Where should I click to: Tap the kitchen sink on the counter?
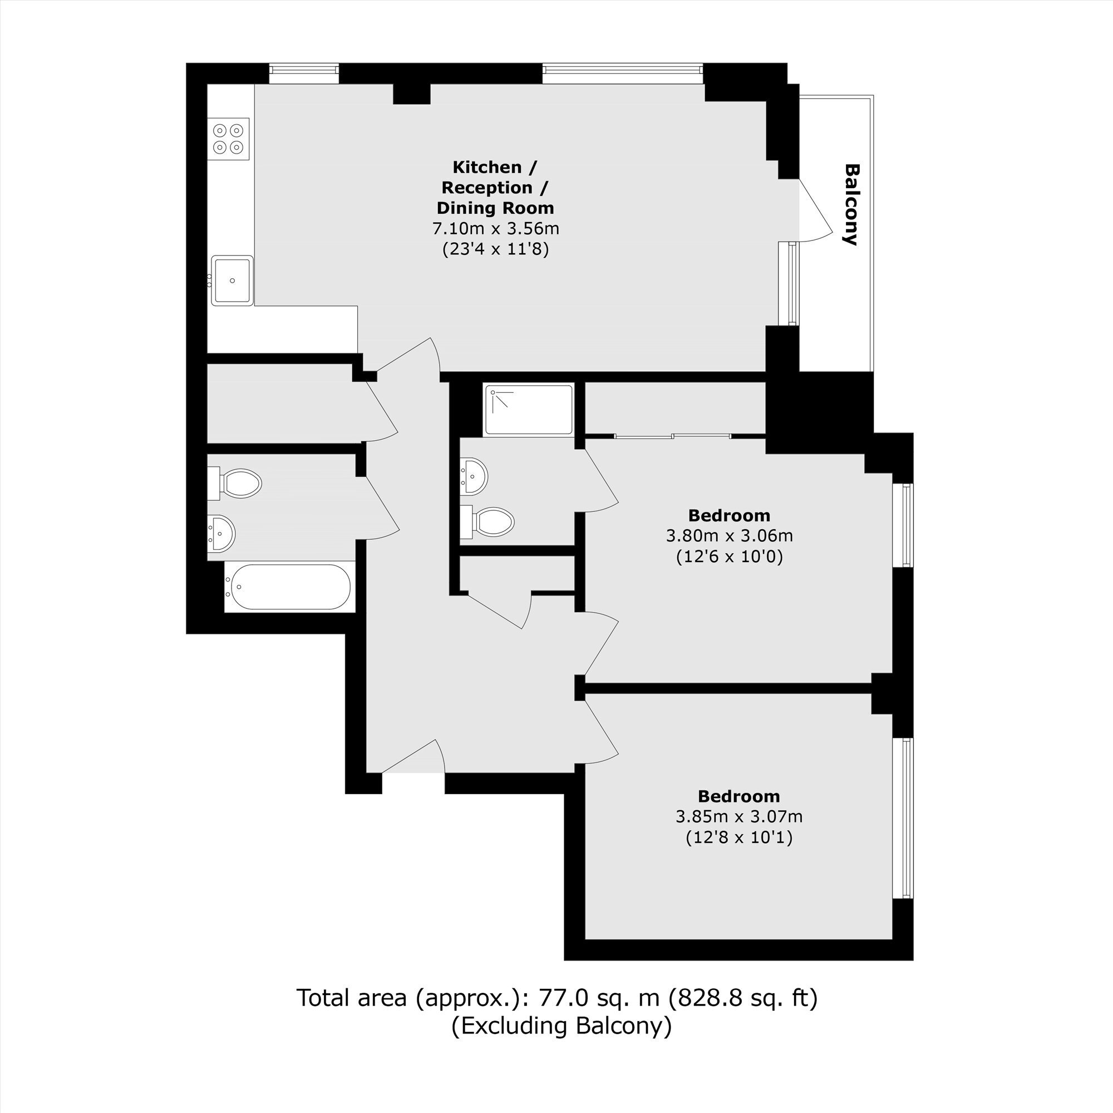[232, 280]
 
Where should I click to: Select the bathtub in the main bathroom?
[288, 587]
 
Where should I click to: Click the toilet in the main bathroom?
[235, 482]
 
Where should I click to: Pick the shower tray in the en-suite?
[529, 410]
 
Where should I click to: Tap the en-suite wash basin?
[474, 476]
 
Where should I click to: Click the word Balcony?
[851, 204]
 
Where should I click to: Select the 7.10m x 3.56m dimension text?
[495, 229]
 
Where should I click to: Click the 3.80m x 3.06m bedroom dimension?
[730, 536]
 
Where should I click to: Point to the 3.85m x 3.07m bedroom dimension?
[739, 817]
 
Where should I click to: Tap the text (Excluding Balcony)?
[561, 1026]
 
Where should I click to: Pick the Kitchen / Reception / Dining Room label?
[495, 188]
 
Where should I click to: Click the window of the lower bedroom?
[903, 818]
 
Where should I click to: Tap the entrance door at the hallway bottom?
[413, 756]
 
